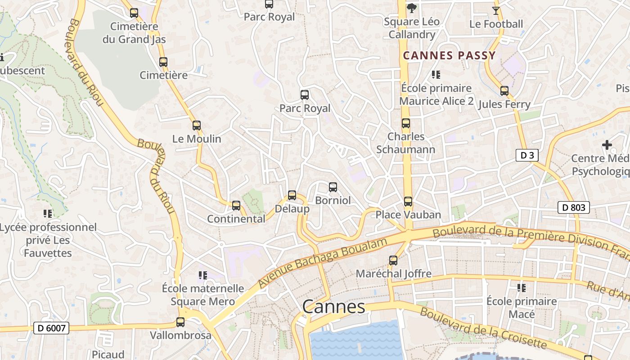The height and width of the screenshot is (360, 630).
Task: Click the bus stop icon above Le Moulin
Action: click(196, 126)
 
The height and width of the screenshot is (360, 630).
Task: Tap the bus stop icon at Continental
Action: click(236, 206)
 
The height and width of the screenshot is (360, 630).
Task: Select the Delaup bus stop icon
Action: click(292, 195)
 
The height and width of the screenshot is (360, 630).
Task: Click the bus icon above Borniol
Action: click(333, 187)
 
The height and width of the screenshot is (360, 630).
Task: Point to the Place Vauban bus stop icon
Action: click(408, 201)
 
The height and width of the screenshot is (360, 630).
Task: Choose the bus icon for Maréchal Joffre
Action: click(393, 260)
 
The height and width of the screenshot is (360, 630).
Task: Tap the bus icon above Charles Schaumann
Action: click(405, 123)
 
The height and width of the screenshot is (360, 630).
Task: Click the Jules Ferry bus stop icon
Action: click(504, 91)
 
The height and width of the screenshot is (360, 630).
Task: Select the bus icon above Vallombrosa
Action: click(180, 322)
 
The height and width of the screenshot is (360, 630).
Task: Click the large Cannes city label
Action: click(333, 307)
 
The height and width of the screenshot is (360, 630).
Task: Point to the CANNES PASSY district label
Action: click(449, 56)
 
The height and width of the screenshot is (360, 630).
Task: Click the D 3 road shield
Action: click(527, 156)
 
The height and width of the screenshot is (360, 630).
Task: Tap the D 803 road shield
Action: click(574, 207)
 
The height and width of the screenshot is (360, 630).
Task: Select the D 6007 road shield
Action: click(51, 328)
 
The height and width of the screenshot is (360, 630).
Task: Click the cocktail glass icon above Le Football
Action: click(496, 10)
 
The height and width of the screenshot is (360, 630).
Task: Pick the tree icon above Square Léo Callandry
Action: click(411, 8)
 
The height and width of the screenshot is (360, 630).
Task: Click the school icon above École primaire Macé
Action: click(522, 288)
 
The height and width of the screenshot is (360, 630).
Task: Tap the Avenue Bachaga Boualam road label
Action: click(322, 263)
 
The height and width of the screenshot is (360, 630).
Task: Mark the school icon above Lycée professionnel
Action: click(48, 213)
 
